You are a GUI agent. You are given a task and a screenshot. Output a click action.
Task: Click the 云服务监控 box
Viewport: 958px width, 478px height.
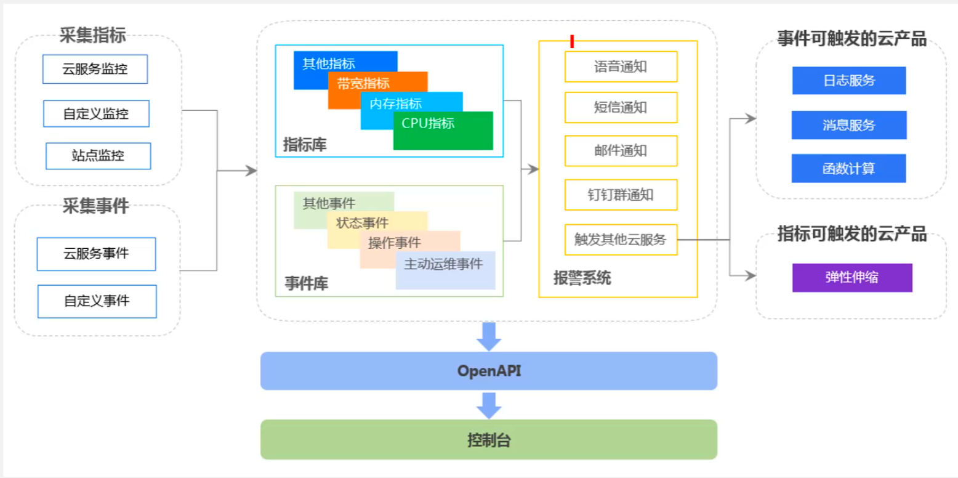95,69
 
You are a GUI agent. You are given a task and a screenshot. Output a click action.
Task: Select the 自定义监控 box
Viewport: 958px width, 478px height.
96,113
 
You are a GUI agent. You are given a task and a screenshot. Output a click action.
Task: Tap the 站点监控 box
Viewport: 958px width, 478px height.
98,156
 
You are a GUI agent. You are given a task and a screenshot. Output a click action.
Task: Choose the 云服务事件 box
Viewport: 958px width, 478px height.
96,254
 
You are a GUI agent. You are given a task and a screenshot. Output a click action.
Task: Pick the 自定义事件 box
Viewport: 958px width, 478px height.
97,301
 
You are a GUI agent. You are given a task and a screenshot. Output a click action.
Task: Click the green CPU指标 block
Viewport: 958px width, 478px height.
443,131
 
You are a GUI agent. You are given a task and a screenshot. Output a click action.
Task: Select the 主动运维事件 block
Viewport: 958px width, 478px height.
446,270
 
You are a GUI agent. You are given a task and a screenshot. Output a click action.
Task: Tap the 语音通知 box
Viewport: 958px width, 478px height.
621,67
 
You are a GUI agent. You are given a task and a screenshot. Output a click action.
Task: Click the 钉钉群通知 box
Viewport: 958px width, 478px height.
621,195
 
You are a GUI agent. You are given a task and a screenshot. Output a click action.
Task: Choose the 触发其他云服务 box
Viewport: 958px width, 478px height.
621,240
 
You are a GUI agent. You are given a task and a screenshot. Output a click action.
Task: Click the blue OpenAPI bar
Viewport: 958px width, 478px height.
489,371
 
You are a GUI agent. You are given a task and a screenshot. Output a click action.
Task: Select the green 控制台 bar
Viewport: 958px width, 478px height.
489,440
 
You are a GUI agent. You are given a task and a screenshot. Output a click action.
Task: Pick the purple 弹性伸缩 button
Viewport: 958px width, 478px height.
852,278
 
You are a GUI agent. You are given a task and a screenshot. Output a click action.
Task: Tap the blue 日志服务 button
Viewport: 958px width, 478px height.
849,81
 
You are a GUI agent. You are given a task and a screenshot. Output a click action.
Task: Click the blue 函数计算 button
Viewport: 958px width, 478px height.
849,168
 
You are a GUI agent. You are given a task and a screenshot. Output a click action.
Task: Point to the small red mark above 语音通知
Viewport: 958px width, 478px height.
572,41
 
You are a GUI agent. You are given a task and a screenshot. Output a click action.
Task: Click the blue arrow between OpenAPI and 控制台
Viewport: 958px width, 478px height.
489,405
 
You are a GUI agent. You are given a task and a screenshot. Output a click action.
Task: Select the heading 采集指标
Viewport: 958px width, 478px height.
93,35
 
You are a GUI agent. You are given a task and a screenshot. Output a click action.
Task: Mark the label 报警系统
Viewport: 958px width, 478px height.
582,278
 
